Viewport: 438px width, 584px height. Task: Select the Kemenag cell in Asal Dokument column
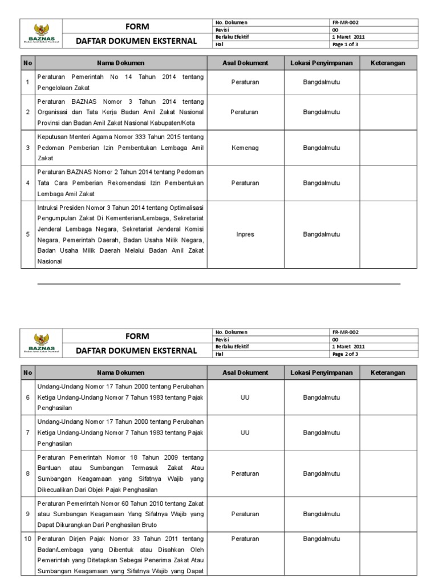click(245, 148)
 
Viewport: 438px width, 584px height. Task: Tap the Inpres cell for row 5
click(245, 234)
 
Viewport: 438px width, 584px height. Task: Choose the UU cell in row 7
click(245, 433)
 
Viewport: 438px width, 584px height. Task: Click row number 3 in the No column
click(27, 148)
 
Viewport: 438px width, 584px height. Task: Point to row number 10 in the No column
click(27, 538)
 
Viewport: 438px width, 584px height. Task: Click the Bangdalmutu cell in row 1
click(321, 82)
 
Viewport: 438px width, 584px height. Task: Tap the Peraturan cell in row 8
click(245, 473)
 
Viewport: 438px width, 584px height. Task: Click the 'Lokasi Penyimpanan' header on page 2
click(321, 372)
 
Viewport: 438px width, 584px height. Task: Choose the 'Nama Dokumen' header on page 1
click(120, 63)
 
